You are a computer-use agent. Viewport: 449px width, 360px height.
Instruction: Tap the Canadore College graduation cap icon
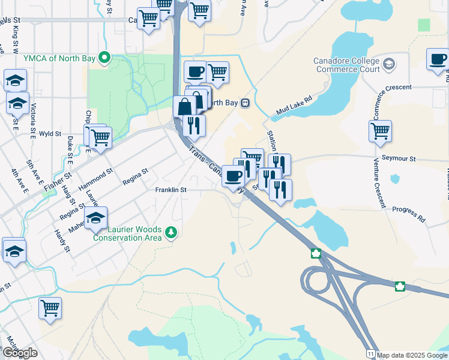pyautogui.click(x=389, y=63)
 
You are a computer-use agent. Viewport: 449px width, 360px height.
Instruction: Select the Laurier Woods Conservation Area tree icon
pyautogui.click(x=171, y=232)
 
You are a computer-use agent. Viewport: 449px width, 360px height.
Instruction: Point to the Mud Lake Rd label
pyautogui.click(x=295, y=105)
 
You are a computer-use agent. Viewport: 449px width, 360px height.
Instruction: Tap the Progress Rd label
pyautogui.click(x=409, y=214)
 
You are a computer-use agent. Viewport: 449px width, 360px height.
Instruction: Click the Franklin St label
pyautogui.click(x=171, y=190)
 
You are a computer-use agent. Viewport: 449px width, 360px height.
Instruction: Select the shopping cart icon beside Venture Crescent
pyautogui.click(x=380, y=131)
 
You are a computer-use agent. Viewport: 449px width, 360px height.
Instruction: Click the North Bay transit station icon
pyautogui.click(x=246, y=103)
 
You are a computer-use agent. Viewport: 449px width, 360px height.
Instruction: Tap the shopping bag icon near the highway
pyautogui.click(x=185, y=107)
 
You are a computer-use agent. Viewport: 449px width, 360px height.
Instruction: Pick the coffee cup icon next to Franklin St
pyautogui.click(x=233, y=175)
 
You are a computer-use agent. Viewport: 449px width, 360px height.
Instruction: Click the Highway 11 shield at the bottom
pyautogui.click(x=372, y=355)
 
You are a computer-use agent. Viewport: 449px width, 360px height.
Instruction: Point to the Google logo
pyautogui.click(x=20, y=353)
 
